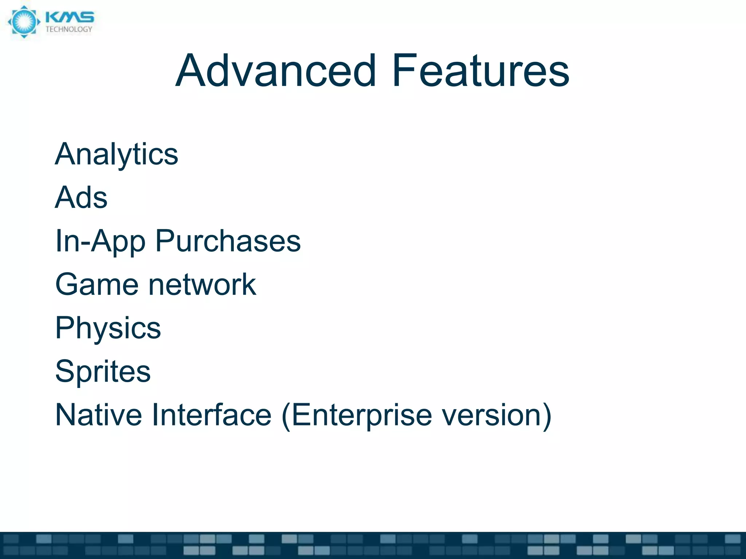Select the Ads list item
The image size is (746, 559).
(x=81, y=198)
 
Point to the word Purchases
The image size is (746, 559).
(x=228, y=241)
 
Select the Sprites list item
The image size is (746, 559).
(x=103, y=372)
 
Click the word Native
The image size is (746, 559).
(x=98, y=415)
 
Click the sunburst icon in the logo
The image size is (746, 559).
(x=24, y=22)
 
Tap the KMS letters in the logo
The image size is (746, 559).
(x=70, y=17)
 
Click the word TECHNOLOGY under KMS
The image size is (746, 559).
(x=69, y=29)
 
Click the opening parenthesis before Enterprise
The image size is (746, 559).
(x=286, y=416)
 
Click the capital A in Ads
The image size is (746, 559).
(x=64, y=198)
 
